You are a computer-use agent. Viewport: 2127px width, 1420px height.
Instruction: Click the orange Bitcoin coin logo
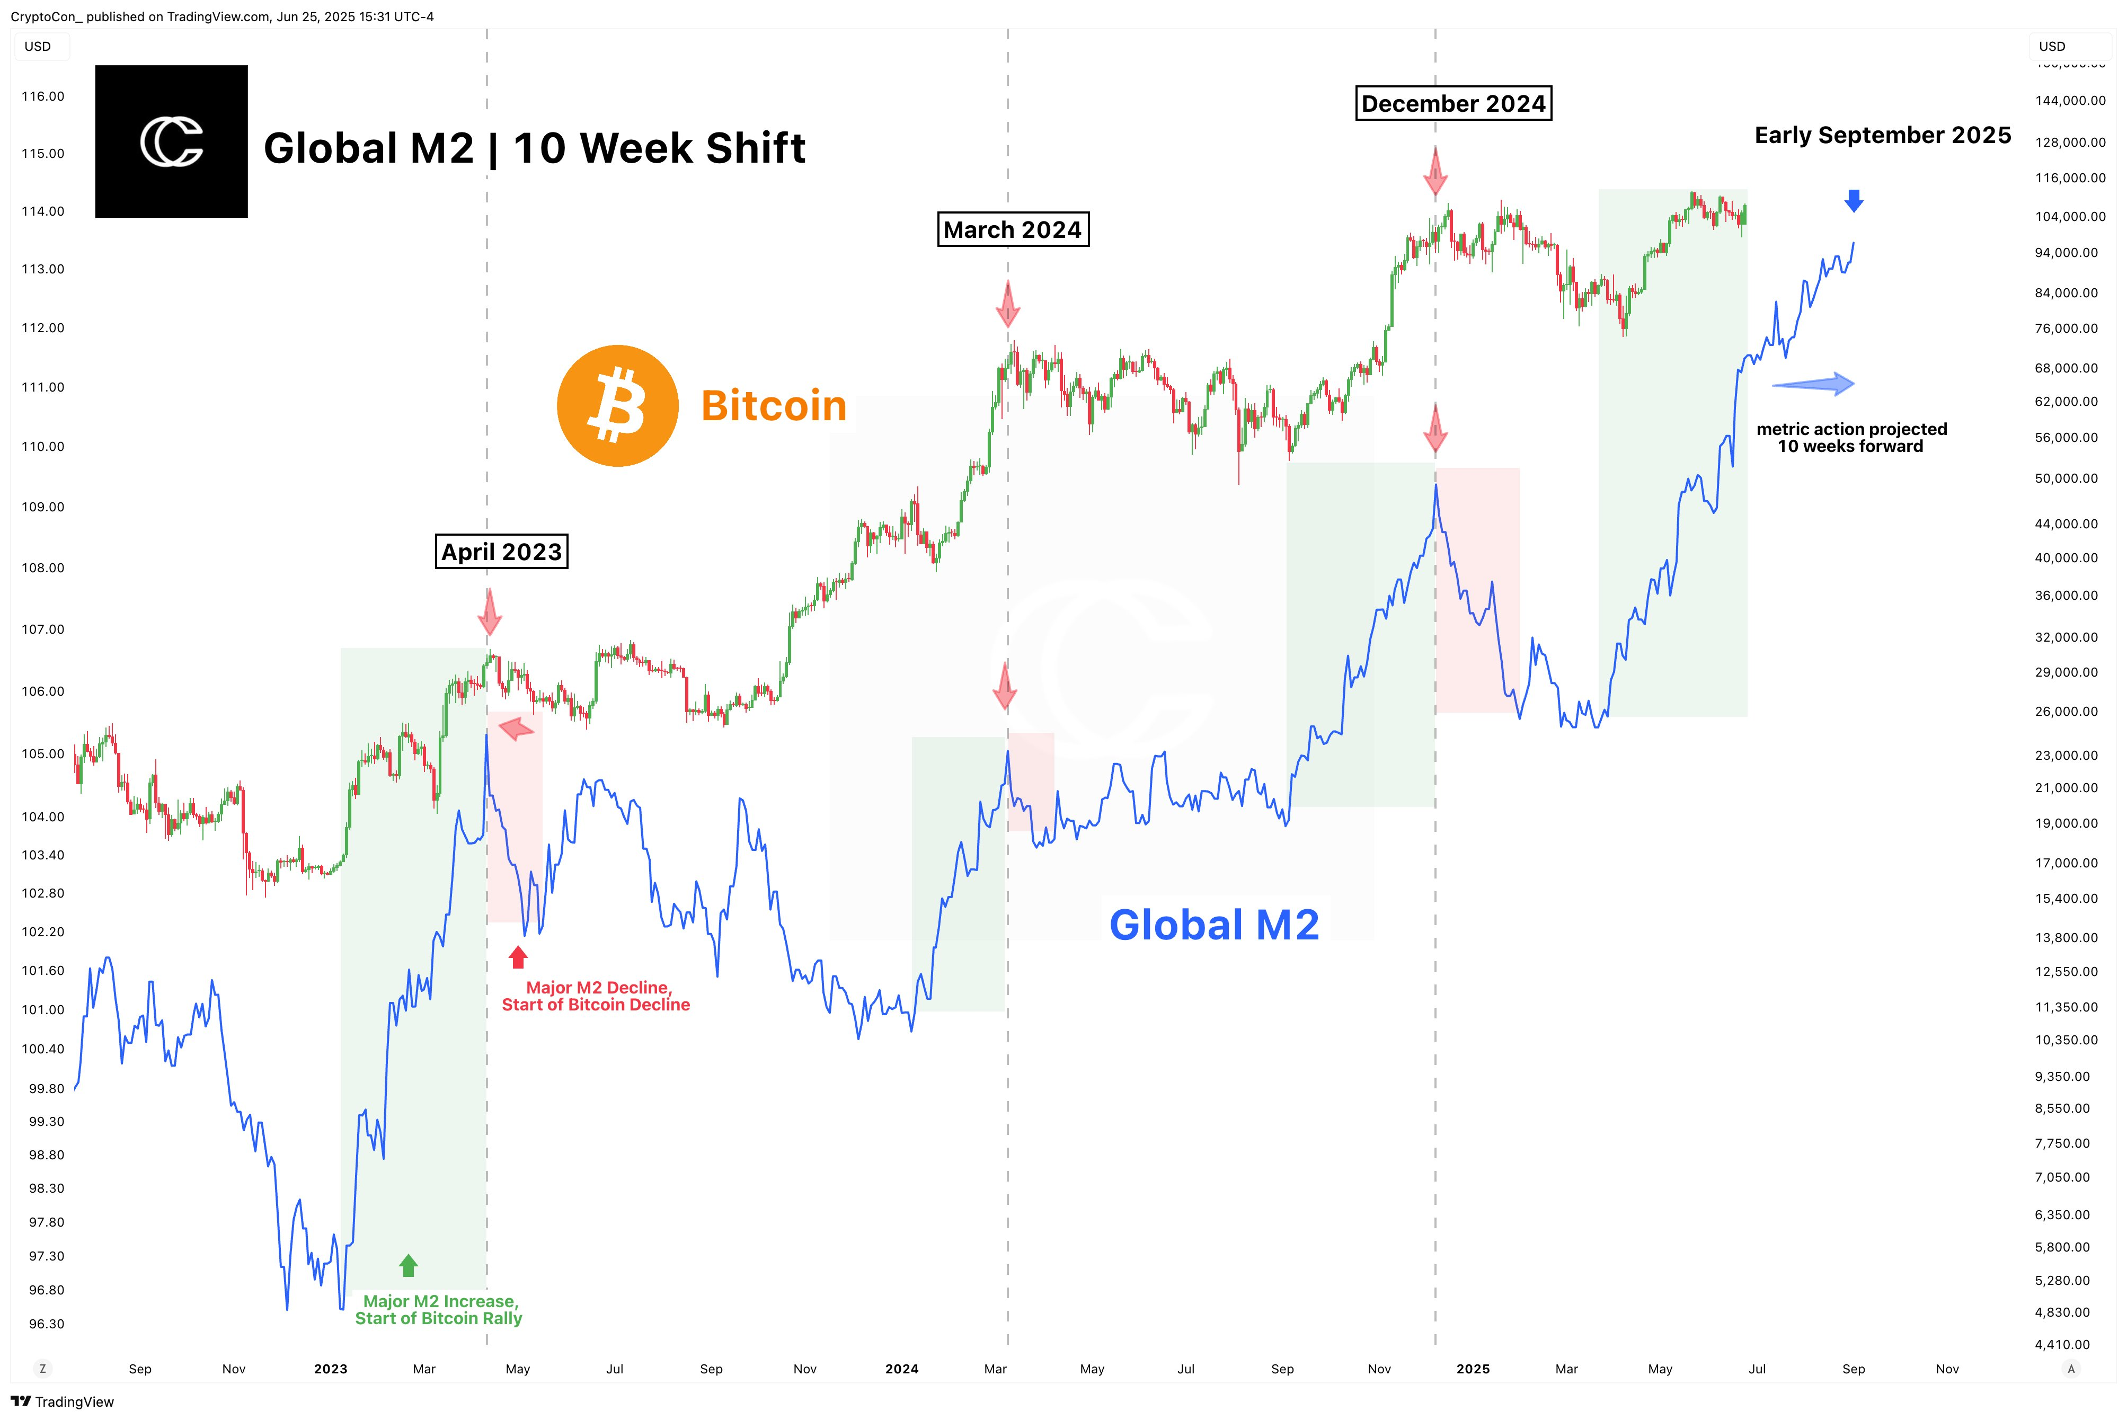[617, 406]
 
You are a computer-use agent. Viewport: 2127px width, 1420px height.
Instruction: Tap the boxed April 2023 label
[502, 552]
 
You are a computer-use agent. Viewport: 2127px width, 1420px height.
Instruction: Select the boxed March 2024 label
[1012, 230]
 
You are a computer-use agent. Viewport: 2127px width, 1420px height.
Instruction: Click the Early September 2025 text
[1883, 136]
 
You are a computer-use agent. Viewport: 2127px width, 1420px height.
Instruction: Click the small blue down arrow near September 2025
[1854, 200]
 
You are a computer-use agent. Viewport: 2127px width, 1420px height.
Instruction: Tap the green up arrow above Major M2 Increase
[409, 1265]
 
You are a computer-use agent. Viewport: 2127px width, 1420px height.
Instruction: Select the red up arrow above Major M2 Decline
[518, 957]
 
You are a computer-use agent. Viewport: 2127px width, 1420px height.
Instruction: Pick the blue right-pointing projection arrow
[1814, 384]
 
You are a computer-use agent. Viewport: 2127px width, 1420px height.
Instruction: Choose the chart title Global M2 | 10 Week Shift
[534, 148]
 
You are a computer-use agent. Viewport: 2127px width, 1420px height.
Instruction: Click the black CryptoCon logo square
[171, 141]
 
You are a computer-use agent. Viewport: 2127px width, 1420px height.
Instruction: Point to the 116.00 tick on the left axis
[43, 96]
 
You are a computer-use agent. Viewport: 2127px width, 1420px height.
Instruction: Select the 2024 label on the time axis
[902, 1369]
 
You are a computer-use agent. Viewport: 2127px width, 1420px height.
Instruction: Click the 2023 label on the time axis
[331, 1369]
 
